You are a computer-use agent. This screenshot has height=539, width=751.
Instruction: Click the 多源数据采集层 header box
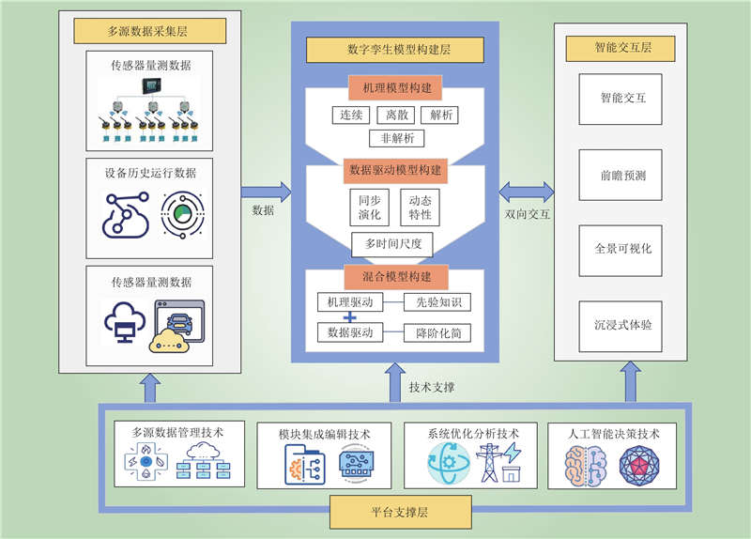[x=150, y=31]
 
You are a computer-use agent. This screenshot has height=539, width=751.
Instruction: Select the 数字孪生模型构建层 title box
[x=395, y=50]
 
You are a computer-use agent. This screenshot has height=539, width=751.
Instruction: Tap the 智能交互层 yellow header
[x=621, y=49]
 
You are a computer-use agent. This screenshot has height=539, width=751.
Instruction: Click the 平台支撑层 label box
[x=401, y=512]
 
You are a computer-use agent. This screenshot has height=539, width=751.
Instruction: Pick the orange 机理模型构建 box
[x=395, y=87]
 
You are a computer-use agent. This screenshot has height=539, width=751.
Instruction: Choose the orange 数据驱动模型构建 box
[x=395, y=171]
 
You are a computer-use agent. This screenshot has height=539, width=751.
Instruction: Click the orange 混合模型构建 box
[x=396, y=277]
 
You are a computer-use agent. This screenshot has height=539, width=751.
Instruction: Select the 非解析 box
[x=396, y=138]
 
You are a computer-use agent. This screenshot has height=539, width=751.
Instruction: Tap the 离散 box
[x=395, y=115]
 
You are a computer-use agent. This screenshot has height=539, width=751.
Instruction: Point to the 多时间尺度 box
[x=392, y=244]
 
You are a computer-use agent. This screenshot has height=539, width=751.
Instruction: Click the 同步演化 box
[x=369, y=208]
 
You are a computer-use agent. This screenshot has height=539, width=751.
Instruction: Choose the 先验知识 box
[x=437, y=302]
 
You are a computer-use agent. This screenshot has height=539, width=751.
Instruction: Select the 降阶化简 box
[x=437, y=333]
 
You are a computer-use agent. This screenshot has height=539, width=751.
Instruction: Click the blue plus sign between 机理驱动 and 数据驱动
[x=350, y=317]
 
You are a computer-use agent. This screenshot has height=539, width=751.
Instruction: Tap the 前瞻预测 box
[x=621, y=175]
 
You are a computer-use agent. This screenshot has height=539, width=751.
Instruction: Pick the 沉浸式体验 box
[x=621, y=326]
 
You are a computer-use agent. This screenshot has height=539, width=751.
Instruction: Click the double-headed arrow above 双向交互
[x=527, y=192]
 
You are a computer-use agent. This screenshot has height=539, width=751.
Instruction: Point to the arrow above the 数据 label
[x=266, y=192]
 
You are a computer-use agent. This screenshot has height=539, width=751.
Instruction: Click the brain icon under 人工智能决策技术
[x=585, y=466]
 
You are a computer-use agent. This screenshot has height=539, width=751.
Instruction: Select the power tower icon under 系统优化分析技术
[x=489, y=463]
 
